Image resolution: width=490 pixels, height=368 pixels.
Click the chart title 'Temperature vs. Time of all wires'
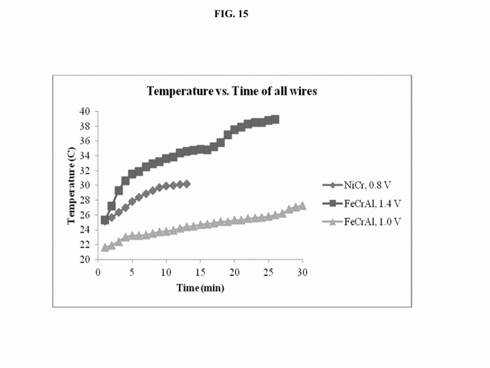232,91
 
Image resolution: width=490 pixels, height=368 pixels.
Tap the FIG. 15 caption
231,14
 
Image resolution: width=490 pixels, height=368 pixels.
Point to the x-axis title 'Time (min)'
200,288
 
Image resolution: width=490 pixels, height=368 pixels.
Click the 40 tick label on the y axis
85,112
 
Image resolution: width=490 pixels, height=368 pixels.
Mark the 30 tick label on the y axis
85,186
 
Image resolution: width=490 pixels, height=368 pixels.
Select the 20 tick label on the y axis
85,259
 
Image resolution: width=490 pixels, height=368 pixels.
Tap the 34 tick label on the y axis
85,156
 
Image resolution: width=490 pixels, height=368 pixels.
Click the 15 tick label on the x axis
200,272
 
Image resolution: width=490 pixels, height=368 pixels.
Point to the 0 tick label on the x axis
98,272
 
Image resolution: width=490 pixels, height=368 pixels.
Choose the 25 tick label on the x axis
268,272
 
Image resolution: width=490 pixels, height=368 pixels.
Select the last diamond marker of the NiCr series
187,184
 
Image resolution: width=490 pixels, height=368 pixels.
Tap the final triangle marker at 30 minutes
302,206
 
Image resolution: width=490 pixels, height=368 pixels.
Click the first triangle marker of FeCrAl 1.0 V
105,248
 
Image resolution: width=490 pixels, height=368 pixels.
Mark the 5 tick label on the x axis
132,272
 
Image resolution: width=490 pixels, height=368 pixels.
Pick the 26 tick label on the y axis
85,215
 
